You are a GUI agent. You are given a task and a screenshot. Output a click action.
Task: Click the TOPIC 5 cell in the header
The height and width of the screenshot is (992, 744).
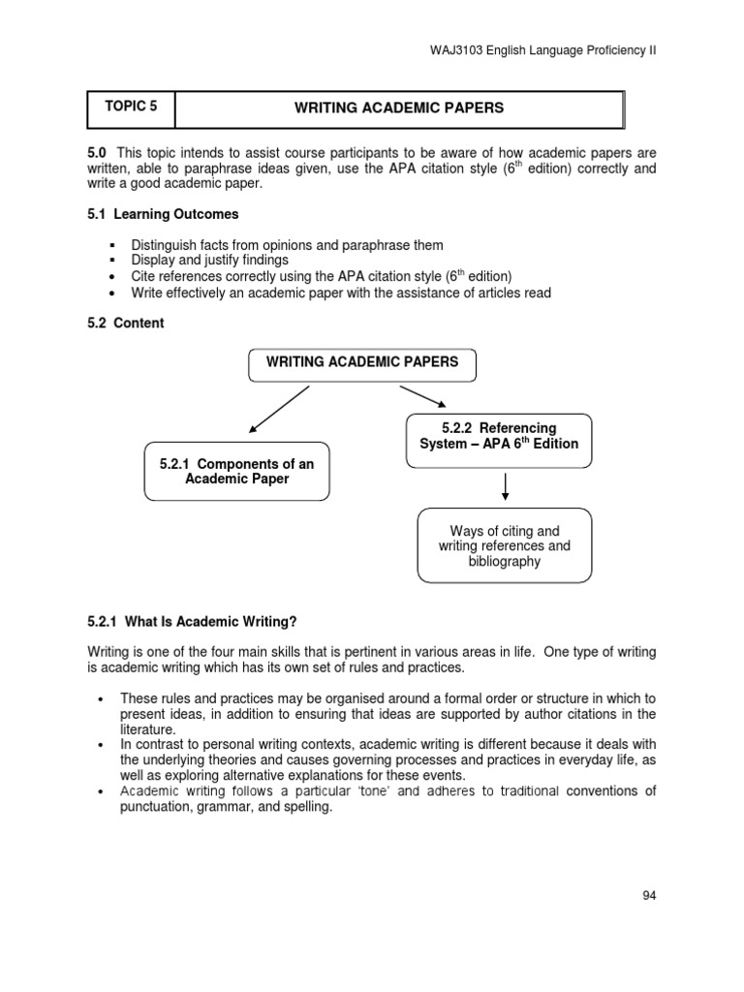click(131, 108)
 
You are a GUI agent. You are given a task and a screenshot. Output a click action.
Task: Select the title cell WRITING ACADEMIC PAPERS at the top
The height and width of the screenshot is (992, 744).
click(399, 108)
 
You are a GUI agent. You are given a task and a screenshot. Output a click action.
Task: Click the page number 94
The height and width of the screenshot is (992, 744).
click(649, 895)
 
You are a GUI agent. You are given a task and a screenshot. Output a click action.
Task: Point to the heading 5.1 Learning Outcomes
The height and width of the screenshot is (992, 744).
click(163, 214)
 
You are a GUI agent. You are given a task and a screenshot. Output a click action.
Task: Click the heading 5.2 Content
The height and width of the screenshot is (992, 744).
click(126, 324)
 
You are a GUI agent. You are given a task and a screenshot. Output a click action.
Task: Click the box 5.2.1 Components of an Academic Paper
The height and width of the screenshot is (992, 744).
click(236, 472)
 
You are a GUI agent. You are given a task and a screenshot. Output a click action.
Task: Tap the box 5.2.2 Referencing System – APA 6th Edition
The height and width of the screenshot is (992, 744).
click(499, 436)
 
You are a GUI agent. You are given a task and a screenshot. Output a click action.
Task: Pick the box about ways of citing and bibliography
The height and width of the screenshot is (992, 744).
click(504, 546)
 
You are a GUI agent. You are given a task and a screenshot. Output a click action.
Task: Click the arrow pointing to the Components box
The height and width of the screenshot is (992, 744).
click(278, 408)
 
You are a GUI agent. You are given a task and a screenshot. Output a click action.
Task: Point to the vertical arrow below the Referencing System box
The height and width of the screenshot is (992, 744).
click(505, 486)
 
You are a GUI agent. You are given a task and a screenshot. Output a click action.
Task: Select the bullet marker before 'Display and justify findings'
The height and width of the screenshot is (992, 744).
click(112, 262)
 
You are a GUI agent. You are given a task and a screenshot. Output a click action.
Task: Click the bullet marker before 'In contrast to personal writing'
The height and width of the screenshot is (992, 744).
click(101, 745)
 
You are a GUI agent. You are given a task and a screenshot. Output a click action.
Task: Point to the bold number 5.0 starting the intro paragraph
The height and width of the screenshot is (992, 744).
click(97, 153)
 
